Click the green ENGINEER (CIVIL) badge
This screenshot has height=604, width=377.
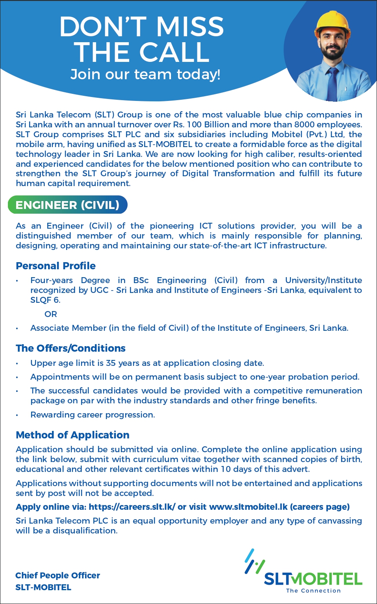coord(67,205)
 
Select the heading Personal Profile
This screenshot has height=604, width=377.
coord(56,266)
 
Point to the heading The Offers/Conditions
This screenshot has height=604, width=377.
coord(71,348)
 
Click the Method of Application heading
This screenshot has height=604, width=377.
coord(72,435)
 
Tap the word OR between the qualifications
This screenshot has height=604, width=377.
coord(51,314)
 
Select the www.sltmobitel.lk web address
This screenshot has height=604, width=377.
coord(248,507)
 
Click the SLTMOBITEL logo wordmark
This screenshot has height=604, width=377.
coord(313,579)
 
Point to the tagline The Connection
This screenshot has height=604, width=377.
coord(313,591)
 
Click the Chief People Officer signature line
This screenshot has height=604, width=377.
coord(58,576)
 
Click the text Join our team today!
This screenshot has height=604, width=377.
coord(145,74)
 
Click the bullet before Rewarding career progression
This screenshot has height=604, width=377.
coord(17,415)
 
